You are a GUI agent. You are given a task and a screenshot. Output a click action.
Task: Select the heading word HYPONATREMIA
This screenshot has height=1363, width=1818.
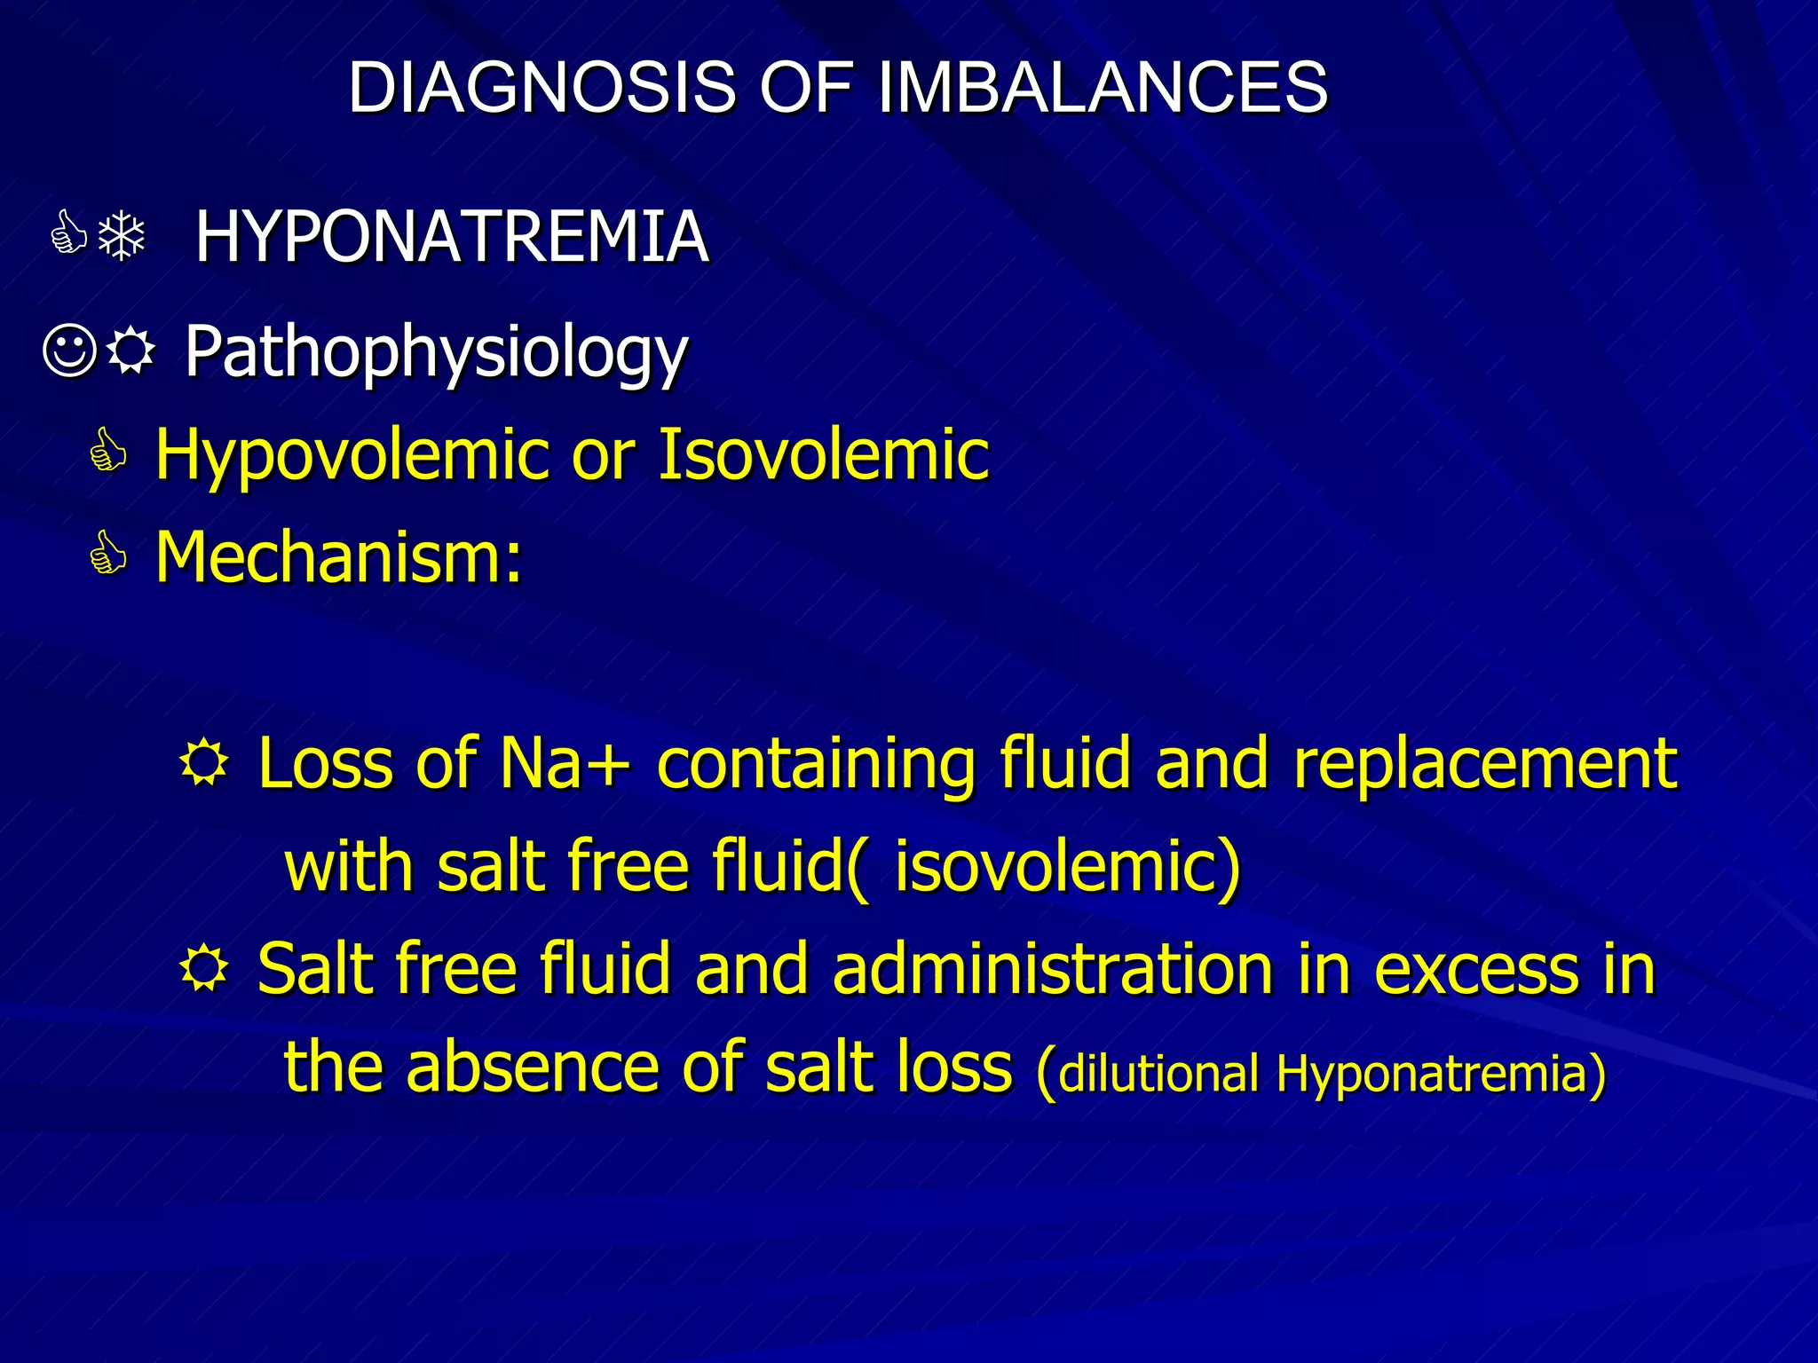tap(452, 237)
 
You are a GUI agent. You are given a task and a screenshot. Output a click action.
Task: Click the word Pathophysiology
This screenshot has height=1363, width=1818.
tap(436, 353)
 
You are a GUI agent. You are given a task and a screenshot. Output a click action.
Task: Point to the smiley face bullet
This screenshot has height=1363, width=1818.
tap(69, 351)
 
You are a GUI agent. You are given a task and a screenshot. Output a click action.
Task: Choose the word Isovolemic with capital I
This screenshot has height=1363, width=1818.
tap(823, 454)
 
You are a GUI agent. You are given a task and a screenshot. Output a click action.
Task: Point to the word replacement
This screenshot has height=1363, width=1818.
tap(1485, 765)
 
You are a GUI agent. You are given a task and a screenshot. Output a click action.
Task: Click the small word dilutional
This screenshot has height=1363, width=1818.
tap(1159, 1073)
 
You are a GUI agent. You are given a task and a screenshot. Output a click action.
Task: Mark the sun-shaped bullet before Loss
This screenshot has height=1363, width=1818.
tap(204, 763)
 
